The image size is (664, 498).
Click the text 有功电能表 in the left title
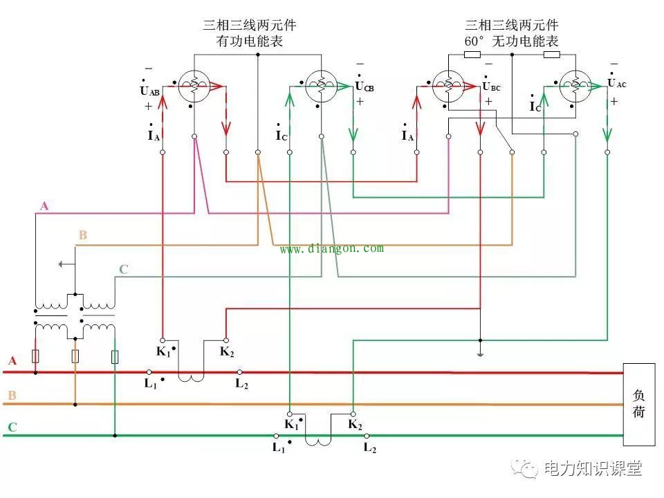coord(250,41)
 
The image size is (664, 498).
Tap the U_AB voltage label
coord(149,91)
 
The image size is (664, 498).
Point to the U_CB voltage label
coord(365,86)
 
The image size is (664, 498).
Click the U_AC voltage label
coord(616,83)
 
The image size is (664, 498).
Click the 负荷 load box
coord(638,404)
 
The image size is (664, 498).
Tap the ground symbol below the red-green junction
coord(479,353)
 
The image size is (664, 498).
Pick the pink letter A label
coord(44,206)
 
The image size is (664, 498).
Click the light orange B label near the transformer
coord(82,235)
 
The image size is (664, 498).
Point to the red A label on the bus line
coord(12,361)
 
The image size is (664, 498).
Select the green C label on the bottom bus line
coord(12,427)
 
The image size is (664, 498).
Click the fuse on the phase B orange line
coord(75,356)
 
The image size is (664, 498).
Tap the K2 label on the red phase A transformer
coord(227,351)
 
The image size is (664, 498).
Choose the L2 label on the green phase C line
coord(370,448)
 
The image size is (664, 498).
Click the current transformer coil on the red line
coord(191,377)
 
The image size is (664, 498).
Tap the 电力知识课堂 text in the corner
coord(593,469)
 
